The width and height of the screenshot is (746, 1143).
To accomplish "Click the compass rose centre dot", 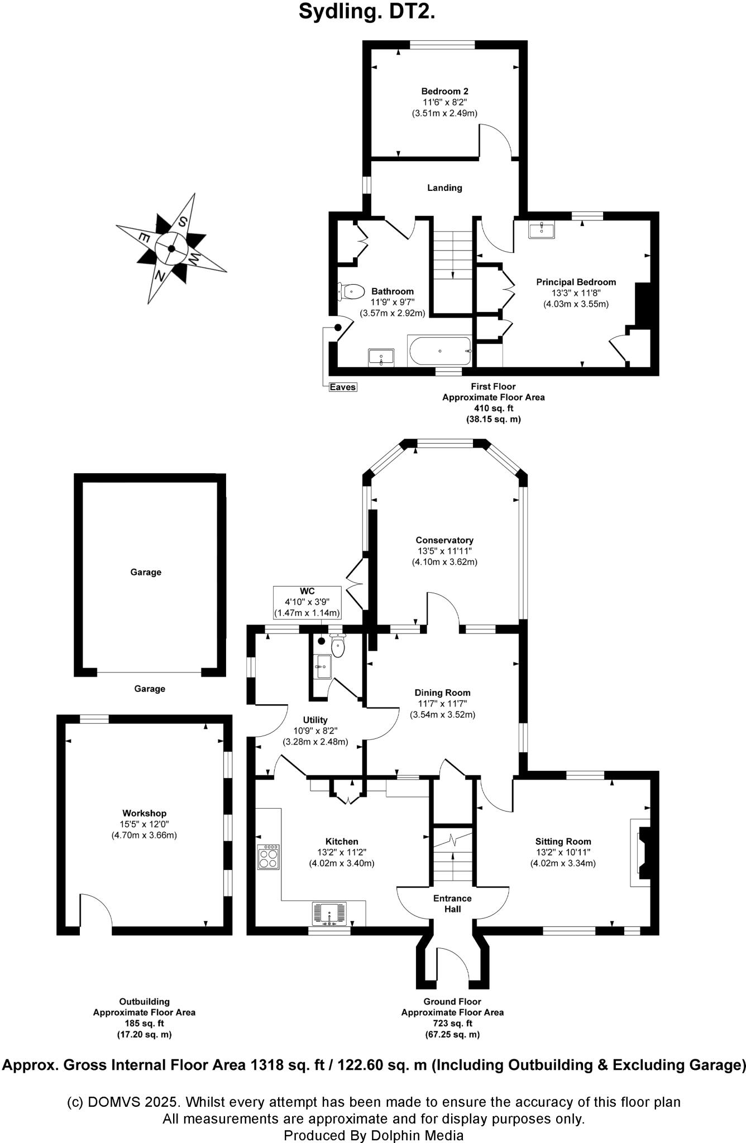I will [171, 248].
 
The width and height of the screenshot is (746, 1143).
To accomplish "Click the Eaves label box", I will [342, 387].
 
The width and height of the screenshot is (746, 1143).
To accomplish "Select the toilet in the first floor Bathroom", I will [351, 291].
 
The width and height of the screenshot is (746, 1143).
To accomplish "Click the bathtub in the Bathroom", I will [440, 351].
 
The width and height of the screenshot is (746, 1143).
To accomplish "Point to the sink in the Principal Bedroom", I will [542, 229].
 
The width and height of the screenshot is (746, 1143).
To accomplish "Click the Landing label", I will [444, 188].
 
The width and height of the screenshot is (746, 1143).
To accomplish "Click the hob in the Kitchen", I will [269, 857].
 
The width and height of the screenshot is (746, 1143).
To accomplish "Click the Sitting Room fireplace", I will [642, 852].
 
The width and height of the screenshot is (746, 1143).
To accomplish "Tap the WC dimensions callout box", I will [307, 602].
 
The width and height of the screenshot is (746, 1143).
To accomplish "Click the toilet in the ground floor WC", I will [338, 647].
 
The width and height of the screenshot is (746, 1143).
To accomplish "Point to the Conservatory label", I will [444, 540].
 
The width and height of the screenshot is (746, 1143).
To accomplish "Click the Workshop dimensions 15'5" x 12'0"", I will [144, 824].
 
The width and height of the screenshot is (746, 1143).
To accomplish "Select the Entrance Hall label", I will [452, 904].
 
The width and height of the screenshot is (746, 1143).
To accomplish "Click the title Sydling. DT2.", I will [367, 11].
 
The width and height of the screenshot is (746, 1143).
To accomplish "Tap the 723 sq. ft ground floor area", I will [452, 1023].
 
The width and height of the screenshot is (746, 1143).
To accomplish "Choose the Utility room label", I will [315, 720].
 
